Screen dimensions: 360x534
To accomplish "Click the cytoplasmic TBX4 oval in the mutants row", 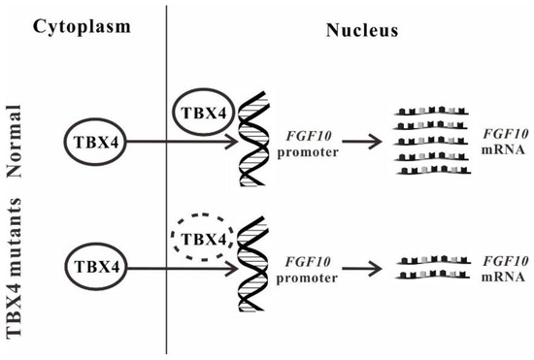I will (x=94, y=264).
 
